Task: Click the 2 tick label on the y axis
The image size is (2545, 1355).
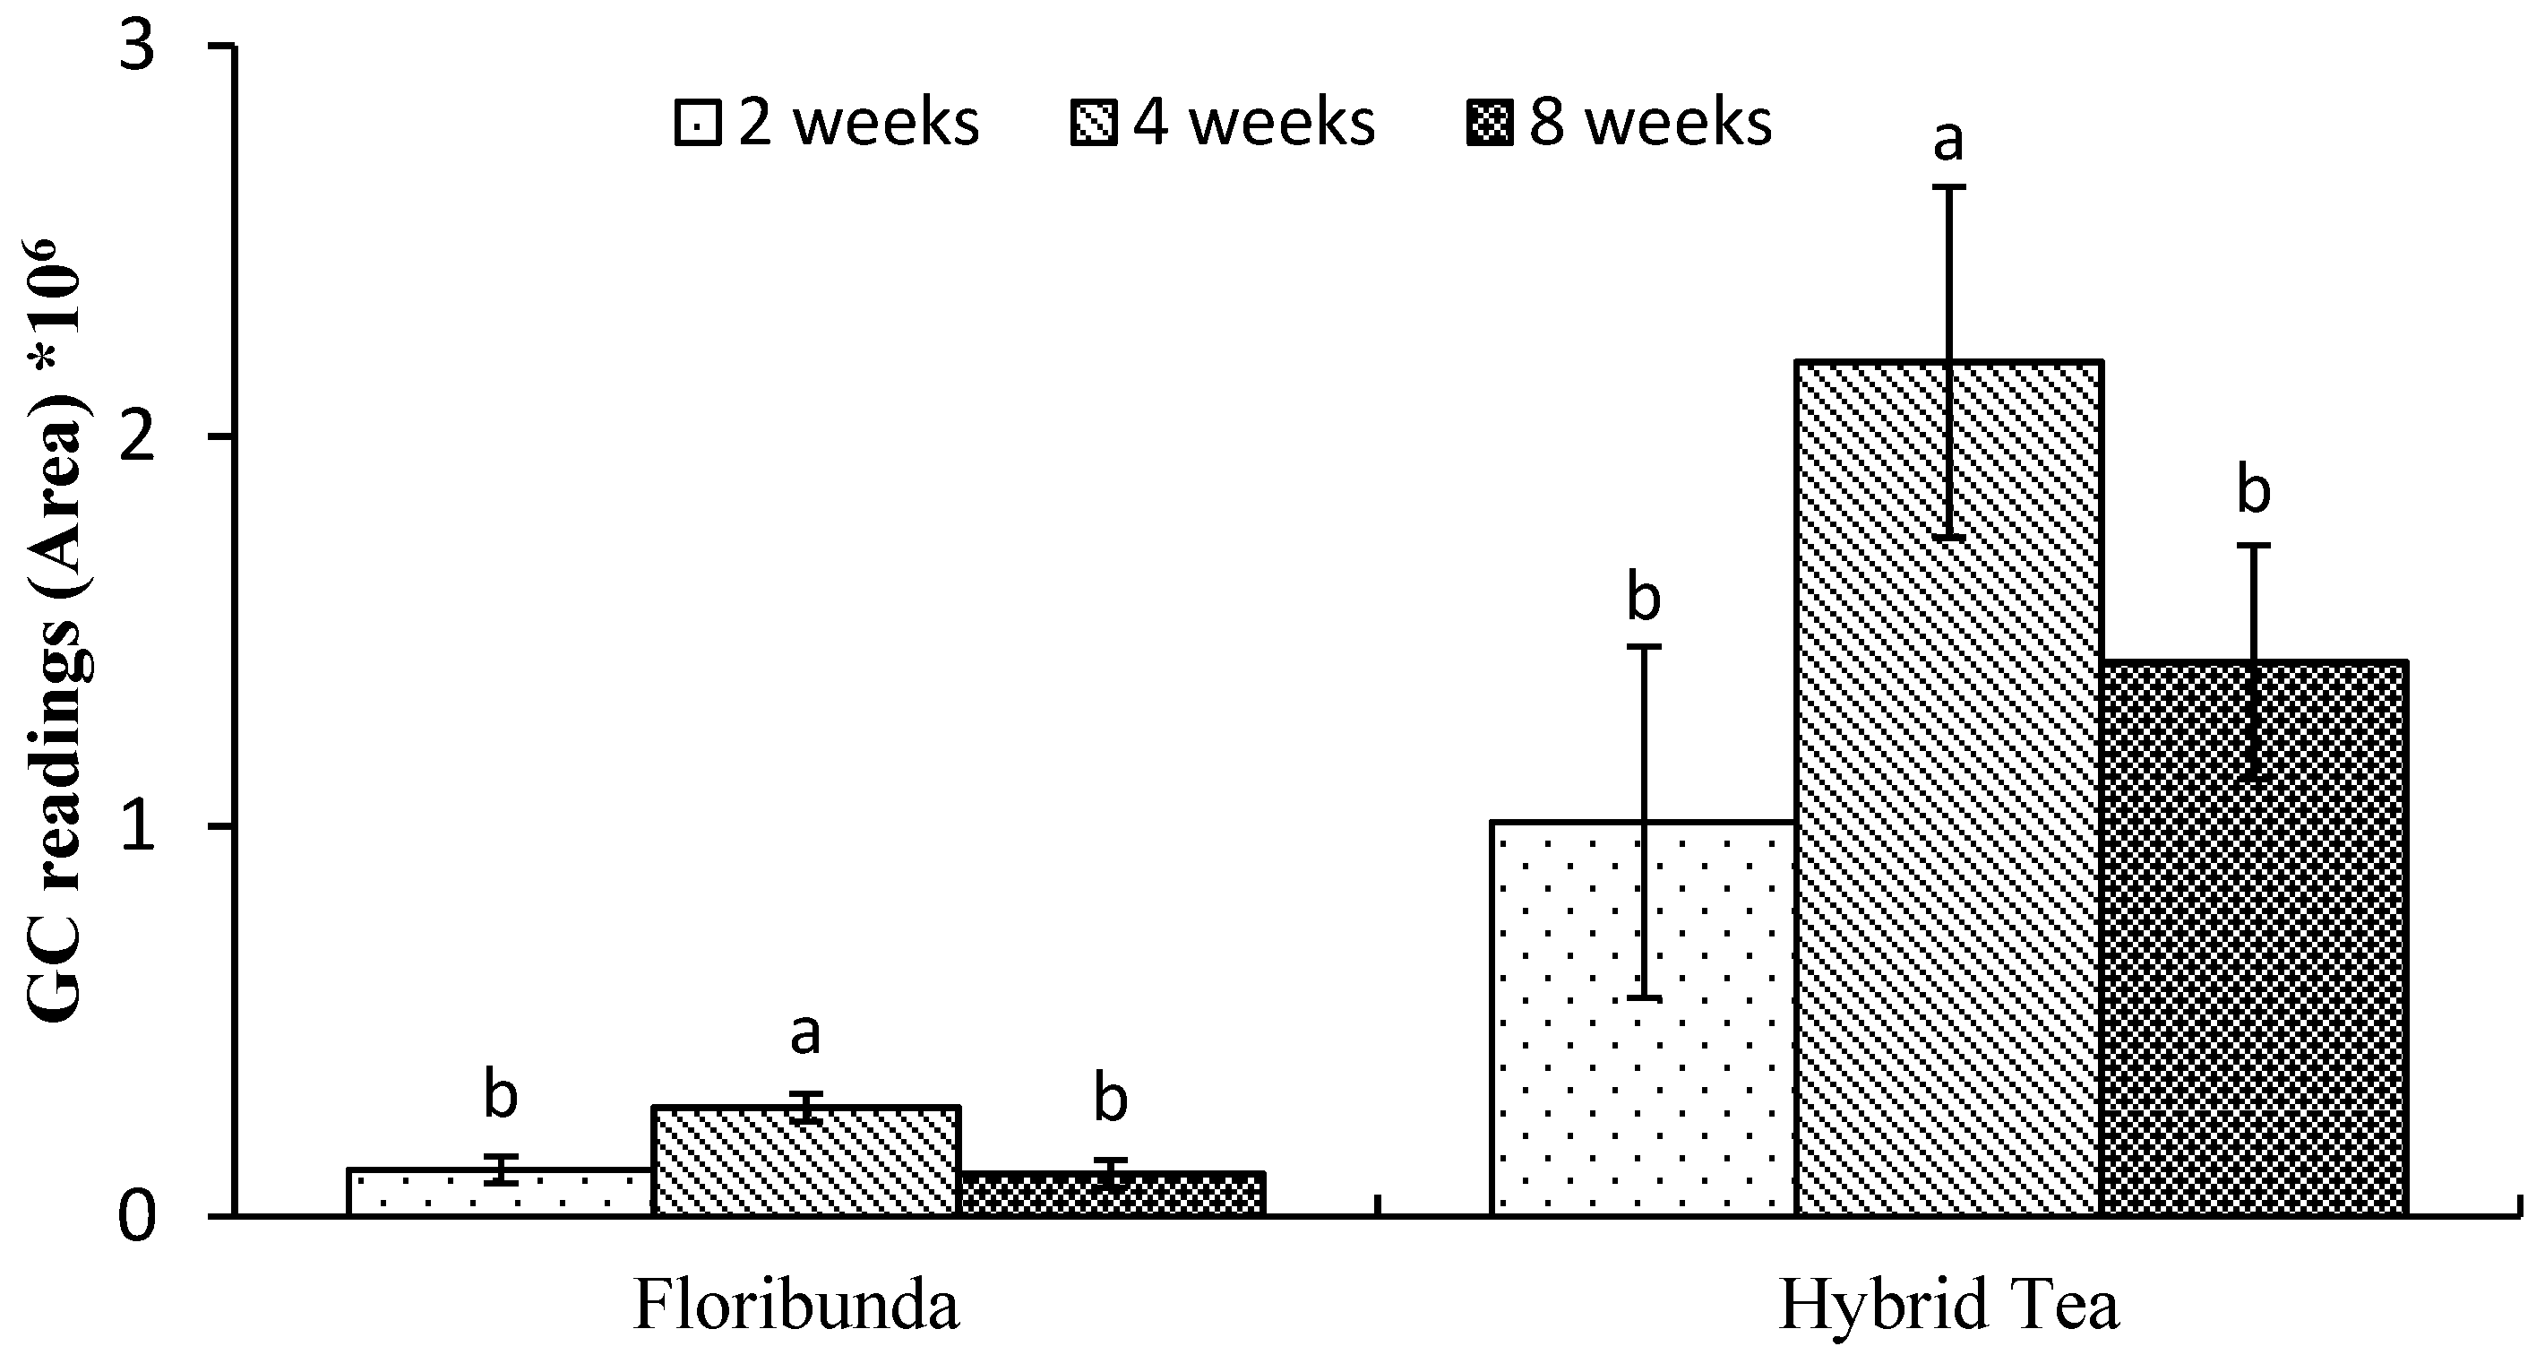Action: [x=138, y=436]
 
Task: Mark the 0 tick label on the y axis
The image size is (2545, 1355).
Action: [x=138, y=1217]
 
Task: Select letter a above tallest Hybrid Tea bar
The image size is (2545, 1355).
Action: [x=1948, y=141]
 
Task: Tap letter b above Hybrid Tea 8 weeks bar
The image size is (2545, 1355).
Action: [x=2254, y=492]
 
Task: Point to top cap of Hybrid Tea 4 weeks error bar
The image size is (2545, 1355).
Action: [x=1949, y=186]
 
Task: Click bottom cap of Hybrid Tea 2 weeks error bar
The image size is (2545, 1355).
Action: [x=1644, y=998]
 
